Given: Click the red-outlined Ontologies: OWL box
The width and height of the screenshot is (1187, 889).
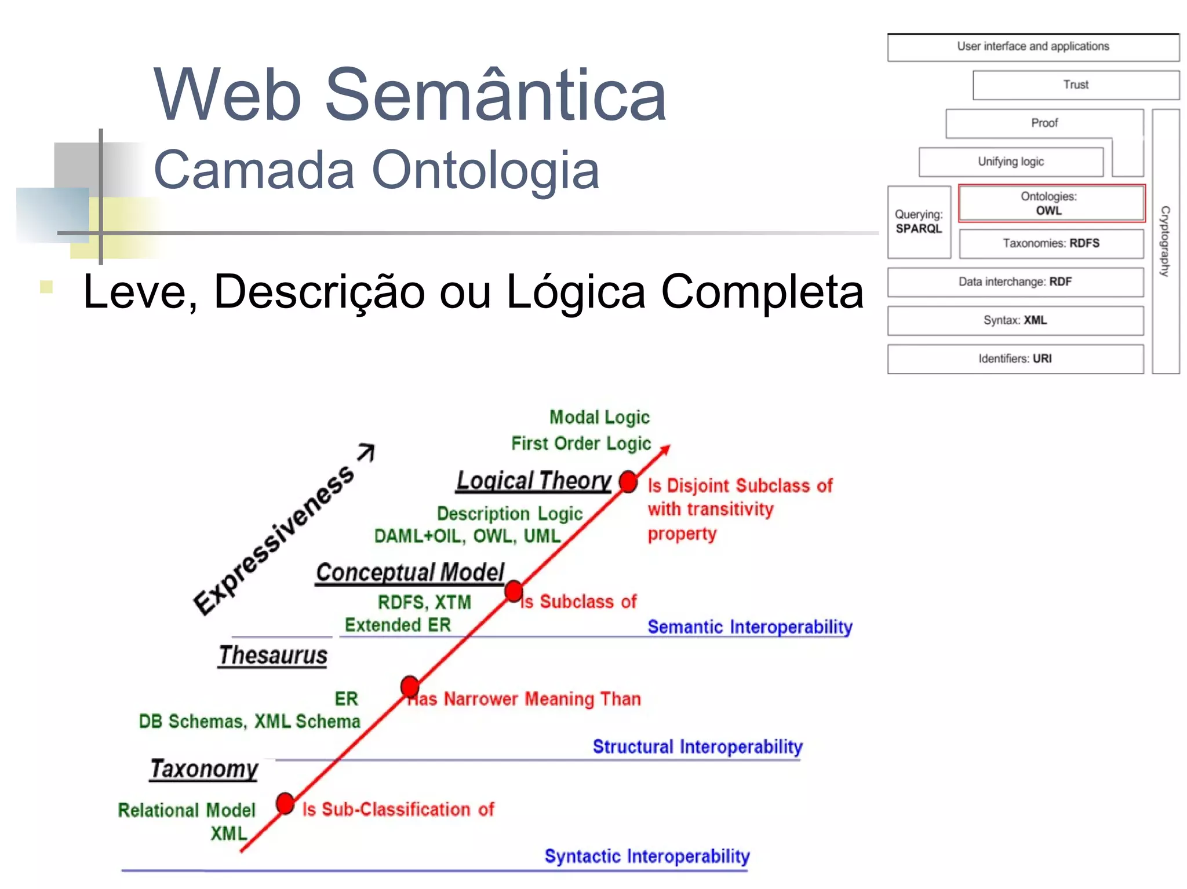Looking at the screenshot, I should click(x=1051, y=203).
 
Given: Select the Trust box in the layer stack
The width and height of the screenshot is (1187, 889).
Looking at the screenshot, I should click(x=1076, y=85).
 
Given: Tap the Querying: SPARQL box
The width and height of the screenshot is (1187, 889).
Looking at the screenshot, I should click(x=919, y=222).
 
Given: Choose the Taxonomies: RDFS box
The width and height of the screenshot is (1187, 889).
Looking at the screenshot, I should click(x=1051, y=243).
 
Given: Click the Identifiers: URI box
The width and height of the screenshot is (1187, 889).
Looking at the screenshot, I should click(x=1015, y=359).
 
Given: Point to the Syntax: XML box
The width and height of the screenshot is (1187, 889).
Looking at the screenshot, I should click(x=1015, y=320).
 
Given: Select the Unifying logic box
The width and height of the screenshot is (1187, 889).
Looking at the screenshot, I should click(x=1011, y=162).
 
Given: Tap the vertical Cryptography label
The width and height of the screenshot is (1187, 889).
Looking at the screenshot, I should click(x=1165, y=241).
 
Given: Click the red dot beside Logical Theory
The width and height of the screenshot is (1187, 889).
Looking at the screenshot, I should click(x=628, y=481).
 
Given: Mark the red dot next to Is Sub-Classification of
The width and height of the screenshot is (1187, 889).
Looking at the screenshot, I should click(x=285, y=803).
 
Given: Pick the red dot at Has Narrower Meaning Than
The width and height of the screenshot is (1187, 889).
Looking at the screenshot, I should click(x=410, y=686).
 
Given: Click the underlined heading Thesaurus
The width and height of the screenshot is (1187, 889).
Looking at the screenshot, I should click(x=273, y=656).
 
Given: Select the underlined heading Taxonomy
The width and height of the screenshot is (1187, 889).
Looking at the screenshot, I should click(x=204, y=769).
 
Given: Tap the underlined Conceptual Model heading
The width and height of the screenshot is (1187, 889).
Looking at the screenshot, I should click(x=410, y=572).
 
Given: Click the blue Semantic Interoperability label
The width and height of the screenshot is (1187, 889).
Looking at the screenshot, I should click(x=750, y=627).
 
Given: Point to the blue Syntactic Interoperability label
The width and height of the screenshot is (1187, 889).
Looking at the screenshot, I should click(x=647, y=856).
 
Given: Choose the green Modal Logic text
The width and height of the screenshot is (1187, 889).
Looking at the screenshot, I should click(x=599, y=417).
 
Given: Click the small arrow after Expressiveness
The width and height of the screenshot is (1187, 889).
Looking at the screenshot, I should click(x=367, y=452).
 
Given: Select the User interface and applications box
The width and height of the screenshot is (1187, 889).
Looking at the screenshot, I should click(x=1033, y=47).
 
